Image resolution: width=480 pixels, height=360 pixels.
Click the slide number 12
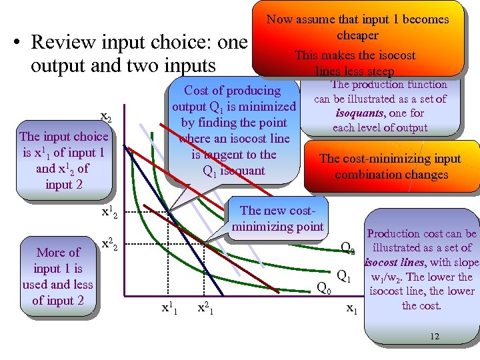435,337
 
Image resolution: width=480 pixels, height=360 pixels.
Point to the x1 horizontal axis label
352,309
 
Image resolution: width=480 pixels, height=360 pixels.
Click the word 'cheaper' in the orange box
357,35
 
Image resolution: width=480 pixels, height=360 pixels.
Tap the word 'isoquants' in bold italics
358,113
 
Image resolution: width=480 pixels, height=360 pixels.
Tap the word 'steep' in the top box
378,71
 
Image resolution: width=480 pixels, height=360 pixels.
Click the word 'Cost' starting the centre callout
197,91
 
